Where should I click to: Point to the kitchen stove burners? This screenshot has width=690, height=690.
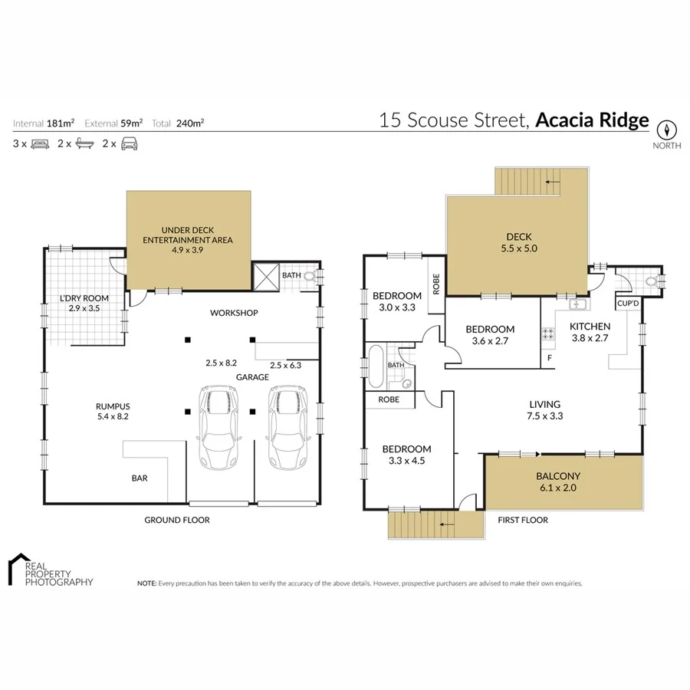tap(549, 333)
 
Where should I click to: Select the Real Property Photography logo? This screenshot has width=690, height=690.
tap(50, 570)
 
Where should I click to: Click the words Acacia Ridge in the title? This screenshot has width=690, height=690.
tap(592, 120)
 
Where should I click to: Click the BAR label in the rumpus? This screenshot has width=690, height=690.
tap(140, 478)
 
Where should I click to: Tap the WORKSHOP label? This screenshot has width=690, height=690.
tap(234, 313)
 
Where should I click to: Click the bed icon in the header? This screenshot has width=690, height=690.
tap(40, 143)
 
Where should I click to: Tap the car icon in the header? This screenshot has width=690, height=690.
tap(130, 143)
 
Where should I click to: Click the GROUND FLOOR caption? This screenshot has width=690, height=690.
tap(177, 520)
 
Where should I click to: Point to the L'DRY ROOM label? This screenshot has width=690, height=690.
tap(84, 297)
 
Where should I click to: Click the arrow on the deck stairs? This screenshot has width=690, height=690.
tap(549, 182)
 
